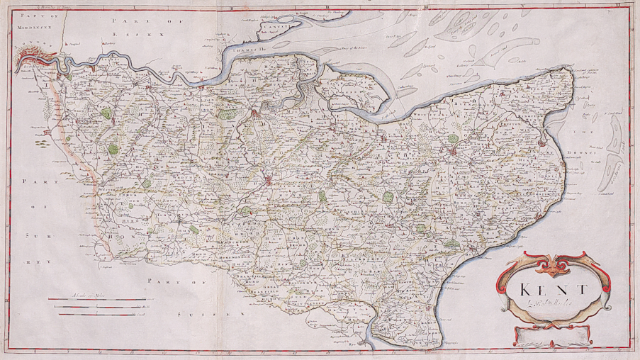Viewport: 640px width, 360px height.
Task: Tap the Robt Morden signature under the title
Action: point(547,304)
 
